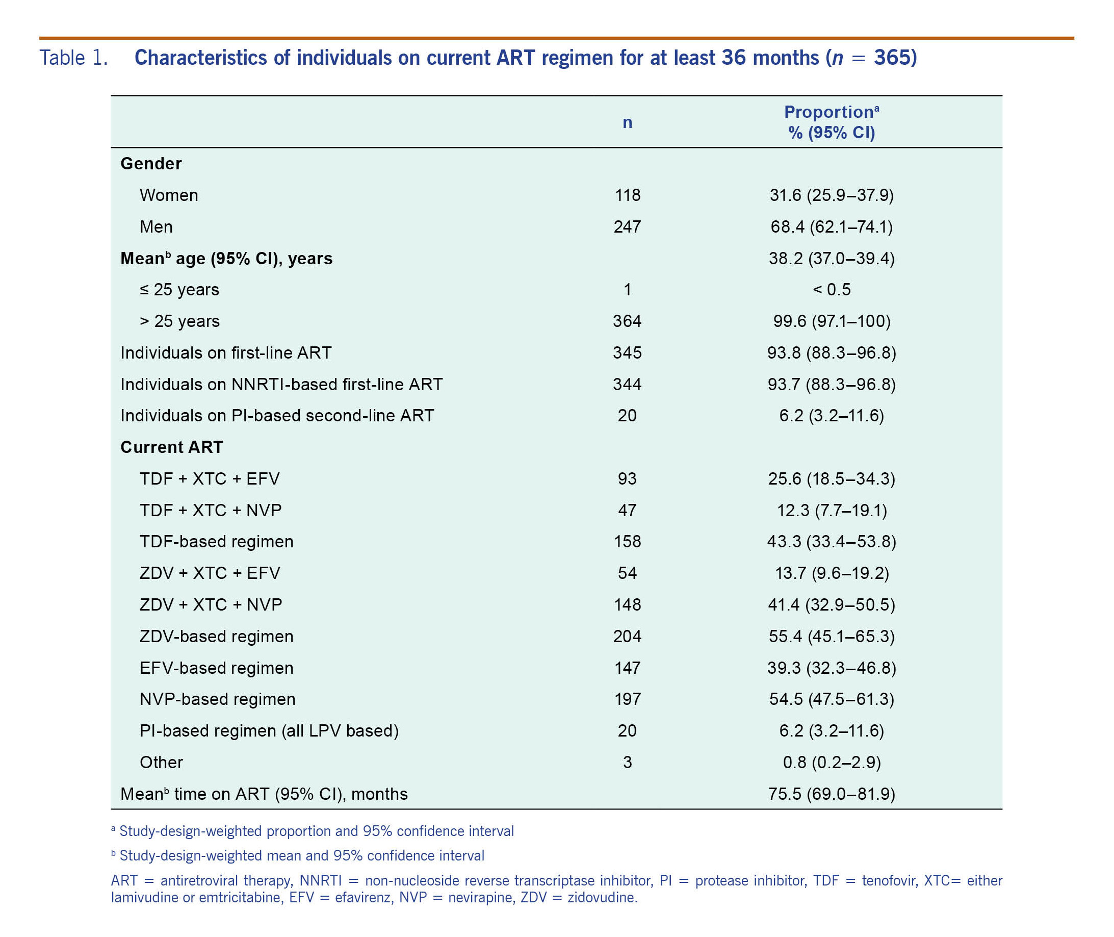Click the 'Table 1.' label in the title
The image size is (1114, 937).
tap(74, 58)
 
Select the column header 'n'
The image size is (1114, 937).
tap(627, 123)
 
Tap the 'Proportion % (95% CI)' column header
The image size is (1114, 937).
tap(832, 122)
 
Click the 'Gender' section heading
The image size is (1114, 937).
tap(151, 164)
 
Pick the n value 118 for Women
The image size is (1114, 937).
tap(628, 195)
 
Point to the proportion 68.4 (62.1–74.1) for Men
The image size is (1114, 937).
tap(832, 227)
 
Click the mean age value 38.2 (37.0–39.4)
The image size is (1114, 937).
tap(832, 259)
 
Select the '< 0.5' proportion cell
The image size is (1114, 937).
tap(832, 290)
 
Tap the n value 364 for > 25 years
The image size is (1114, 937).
tap(627, 321)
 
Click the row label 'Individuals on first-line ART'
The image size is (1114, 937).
tap(226, 352)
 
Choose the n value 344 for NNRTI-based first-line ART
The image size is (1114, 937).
tap(627, 385)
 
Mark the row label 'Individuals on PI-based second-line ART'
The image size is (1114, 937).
tap(277, 416)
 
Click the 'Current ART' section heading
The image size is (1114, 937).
tap(171, 447)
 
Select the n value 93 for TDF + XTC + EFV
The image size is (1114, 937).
tap(627, 479)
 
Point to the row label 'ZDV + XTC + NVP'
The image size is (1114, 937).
tap(211, 605)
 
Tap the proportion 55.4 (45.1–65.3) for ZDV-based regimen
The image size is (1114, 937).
tap(832, 637)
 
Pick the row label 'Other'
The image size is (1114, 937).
tap(161, 763)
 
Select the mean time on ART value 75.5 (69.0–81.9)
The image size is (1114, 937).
tap(832, 794)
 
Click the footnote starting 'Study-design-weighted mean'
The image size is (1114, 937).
tap(302, 856)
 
